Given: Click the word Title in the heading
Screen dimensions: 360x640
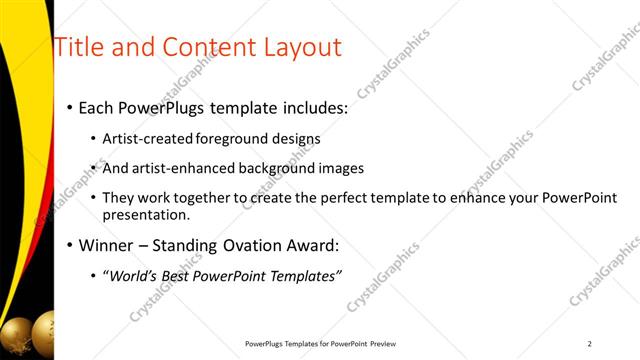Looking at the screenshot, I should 78,47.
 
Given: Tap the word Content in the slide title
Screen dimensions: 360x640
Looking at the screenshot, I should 204,47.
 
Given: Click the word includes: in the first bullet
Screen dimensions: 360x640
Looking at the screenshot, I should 312,107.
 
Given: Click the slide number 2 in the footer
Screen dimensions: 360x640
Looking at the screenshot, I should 590,344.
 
